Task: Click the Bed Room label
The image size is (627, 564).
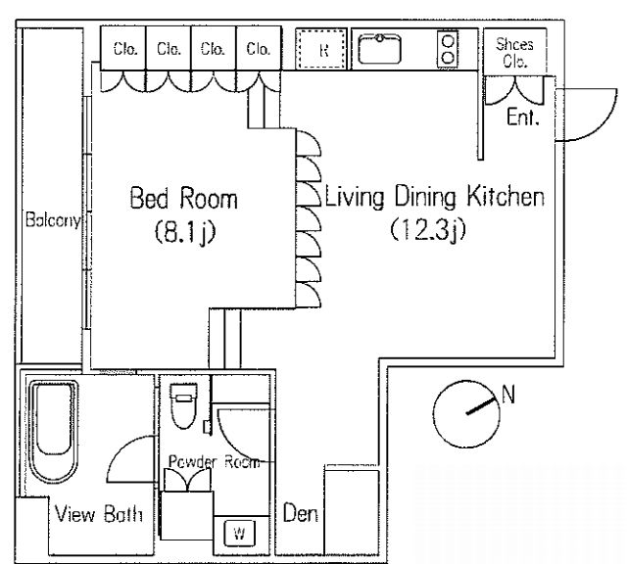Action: (184, 198)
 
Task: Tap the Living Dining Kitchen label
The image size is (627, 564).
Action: (435, 196)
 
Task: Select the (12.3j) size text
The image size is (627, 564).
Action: (428, 229)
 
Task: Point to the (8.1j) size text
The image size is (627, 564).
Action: (185, 231)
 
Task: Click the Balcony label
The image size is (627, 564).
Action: (53, 220)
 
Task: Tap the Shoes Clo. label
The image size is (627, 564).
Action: (514, 52)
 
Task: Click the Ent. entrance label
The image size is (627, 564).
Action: (523, 117)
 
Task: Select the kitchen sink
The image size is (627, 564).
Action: (379, 49)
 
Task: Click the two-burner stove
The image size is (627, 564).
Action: (448, 49)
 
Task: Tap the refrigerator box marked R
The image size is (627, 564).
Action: (321, 49)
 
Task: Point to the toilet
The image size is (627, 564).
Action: (183, 405)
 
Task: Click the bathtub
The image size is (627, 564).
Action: (53, 431)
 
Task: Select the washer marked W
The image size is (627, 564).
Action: (239, 533)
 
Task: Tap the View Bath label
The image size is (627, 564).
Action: (99, 514)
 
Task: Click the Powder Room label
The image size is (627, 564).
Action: (214, 461)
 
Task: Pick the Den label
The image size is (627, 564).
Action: (301, 513)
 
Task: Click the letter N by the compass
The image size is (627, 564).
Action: (508, 395)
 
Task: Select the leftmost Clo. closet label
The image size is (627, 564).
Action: (125, 49)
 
